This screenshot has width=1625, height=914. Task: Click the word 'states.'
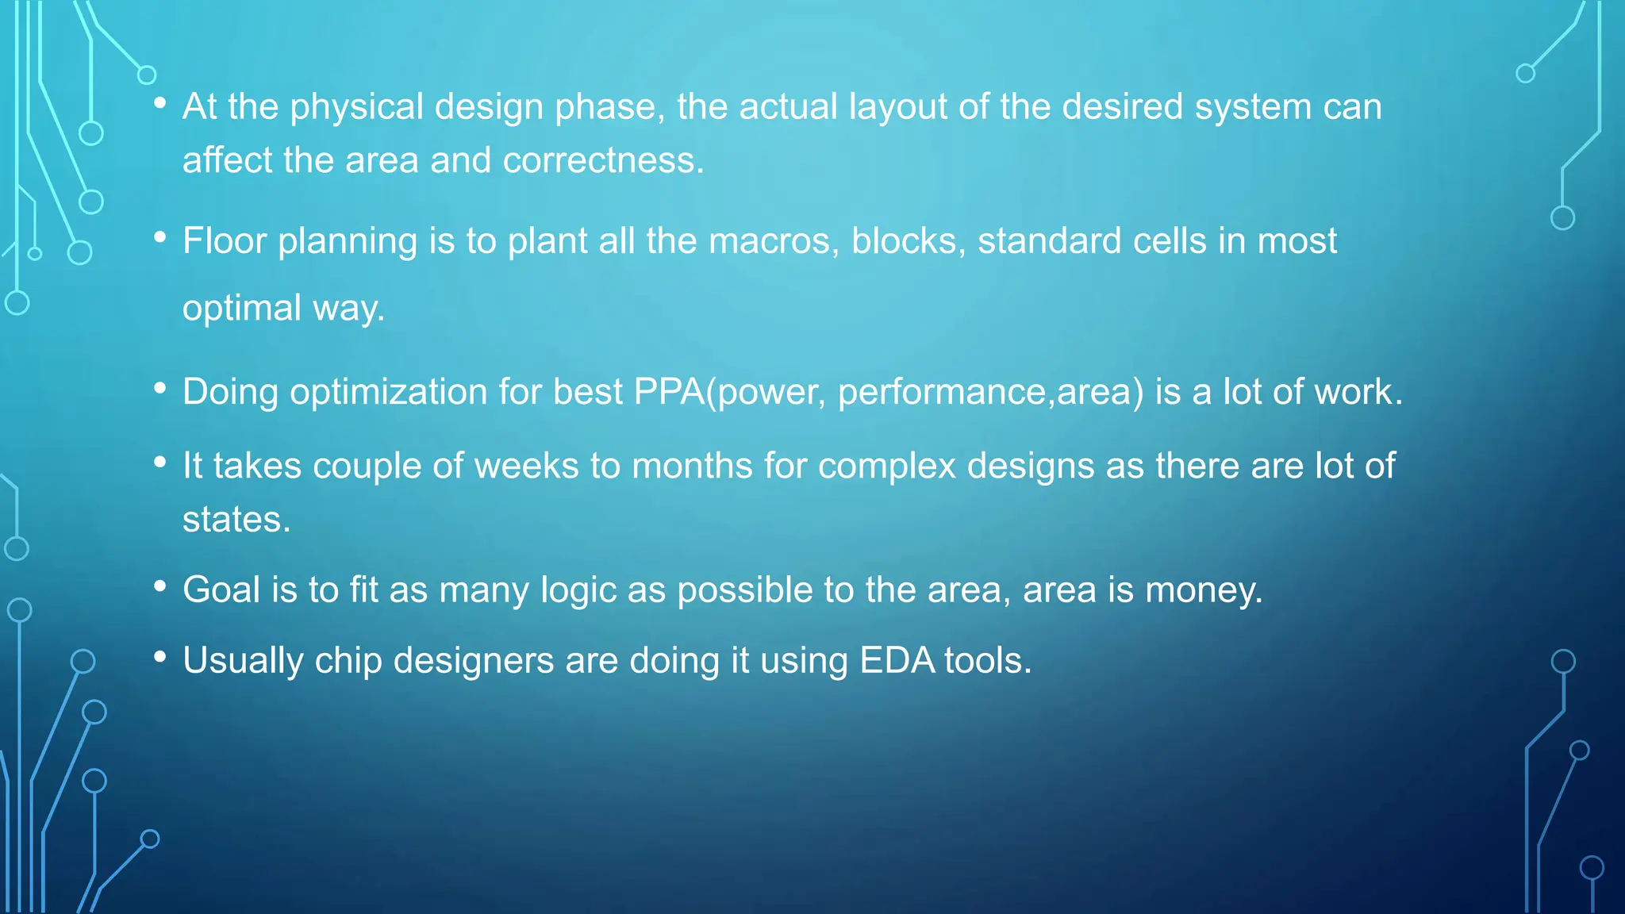236,520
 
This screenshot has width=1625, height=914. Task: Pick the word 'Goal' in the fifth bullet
221,590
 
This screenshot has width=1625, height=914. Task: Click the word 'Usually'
243,661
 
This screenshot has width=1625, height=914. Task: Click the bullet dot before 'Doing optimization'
160,388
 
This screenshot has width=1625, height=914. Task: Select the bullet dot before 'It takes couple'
160,461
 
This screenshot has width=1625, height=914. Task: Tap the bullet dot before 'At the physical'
160,102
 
